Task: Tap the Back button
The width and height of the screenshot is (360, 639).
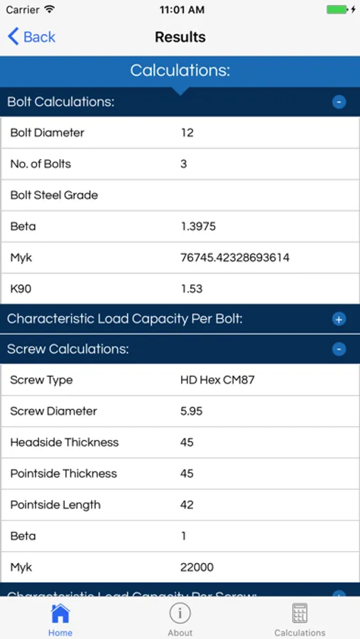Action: pos(31,37)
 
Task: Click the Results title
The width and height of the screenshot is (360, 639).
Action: pos(180,37)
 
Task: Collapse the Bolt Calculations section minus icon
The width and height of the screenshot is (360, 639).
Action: pos(339,102)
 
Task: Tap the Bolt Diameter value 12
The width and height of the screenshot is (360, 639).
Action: pos(187,133)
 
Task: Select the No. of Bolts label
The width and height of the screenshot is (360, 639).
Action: pos(40,164)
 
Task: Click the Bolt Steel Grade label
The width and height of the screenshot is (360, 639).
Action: pos(54,195)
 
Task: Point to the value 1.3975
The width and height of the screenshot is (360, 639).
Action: pos(198,226)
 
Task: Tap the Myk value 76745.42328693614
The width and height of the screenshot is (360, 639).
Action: pos(235,258)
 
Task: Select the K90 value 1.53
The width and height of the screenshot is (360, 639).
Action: pos(192,289)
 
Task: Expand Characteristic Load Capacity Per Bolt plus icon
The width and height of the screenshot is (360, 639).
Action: pos(339,319)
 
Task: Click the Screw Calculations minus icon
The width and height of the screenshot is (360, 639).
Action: pos(339,349)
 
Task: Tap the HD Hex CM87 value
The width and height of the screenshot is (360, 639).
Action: pos(217,380)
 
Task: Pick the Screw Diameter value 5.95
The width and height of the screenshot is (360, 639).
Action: pos(191,411)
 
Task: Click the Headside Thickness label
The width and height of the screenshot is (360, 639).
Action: pos(65,442)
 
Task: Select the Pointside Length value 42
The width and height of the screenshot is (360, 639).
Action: pos(187,505)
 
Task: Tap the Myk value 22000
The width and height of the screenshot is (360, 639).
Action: pos(197,567)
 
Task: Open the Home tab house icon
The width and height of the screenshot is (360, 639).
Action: pos(60,613)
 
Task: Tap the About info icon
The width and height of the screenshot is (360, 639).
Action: pos(180,613)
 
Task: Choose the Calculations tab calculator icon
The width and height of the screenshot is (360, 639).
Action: pos(300,613)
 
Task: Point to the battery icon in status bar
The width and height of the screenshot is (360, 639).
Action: pos(337,10)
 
